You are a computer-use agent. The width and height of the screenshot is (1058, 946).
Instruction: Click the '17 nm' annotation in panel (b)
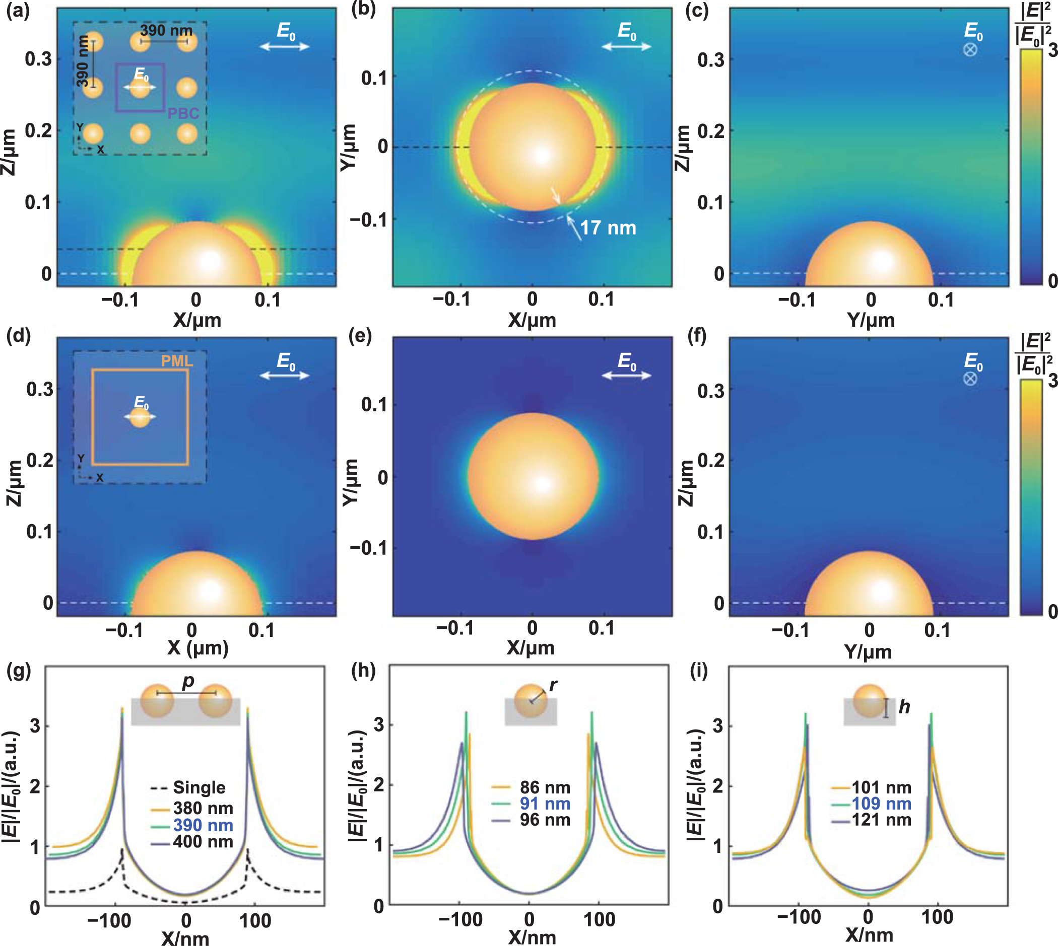point(608,228)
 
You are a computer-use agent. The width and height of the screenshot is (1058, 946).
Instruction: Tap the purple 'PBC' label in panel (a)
point(183,113)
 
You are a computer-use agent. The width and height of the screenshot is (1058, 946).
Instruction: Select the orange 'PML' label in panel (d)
point(177,360)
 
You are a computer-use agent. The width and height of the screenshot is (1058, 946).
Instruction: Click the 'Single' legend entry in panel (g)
point(199,787)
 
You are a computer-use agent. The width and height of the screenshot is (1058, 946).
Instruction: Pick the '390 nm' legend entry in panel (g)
point(203,825)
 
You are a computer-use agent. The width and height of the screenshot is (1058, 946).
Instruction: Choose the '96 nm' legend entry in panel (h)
point(545,820)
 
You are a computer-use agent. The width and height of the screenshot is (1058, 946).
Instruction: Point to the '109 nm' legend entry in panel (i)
point(881,804)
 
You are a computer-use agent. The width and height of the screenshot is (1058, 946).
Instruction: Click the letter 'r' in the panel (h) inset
point(553,685)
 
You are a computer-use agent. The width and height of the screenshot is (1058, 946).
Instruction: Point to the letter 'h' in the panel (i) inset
point(904,706)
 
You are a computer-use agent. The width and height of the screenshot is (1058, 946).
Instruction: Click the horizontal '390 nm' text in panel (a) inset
point(166,31)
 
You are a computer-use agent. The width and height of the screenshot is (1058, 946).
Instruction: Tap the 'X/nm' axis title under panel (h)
point(532,936)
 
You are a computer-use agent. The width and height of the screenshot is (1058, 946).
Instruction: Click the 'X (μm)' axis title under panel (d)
point(197,647)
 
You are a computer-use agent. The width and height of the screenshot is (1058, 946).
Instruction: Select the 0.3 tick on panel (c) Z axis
point(710,60)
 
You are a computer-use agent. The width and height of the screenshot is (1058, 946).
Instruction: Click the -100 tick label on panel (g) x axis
point(109,920)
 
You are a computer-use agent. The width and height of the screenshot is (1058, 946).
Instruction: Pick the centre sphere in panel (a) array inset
point(141,88)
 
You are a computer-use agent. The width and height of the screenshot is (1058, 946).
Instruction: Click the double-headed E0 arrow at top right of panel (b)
point(626,47)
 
